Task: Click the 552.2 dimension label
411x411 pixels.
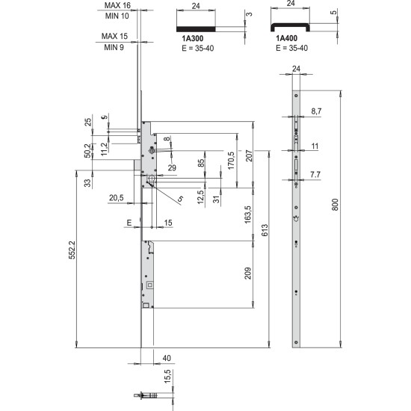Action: tap(72, 250)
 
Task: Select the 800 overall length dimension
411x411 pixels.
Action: tap(335, 205)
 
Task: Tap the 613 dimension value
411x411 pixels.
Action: tap(265, 230)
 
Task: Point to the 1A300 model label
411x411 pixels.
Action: tap(193, 39)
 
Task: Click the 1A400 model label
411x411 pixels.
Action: tap(286, 38)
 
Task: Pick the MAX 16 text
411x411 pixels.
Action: tap(117, 5)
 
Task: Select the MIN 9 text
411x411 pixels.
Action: tap(114, 47)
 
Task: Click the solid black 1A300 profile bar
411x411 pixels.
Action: tap(196, 29)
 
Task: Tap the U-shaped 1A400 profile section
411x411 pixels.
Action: tap(290, 26)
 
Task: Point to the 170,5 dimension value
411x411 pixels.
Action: tap(231, 161)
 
